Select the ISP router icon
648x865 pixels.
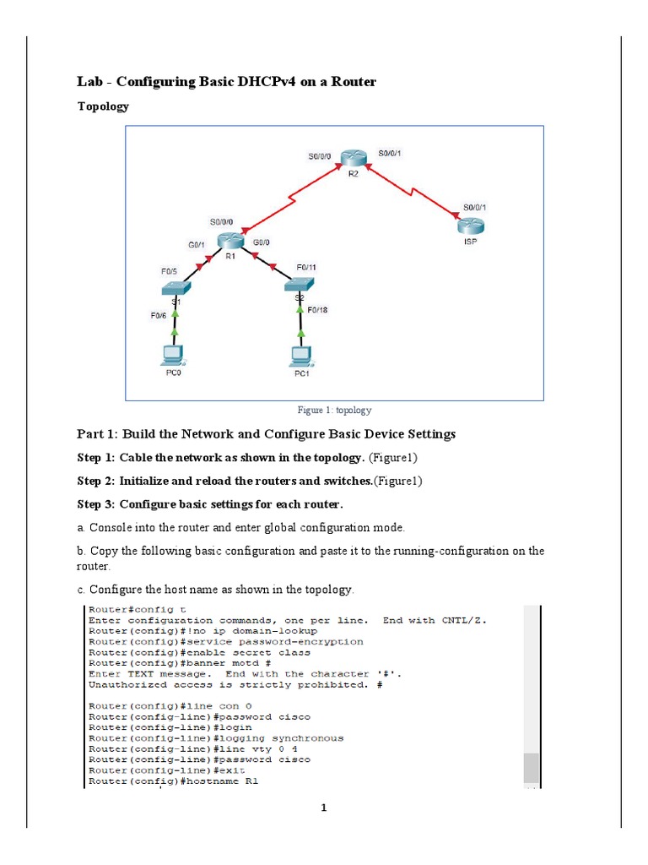coord(469,226)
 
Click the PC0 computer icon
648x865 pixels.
coord(173,354)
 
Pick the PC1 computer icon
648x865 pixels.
coord(298,355)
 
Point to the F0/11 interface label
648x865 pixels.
coord(305,267)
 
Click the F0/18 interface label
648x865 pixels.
coord(317,310)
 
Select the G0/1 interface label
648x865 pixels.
coord(197,244)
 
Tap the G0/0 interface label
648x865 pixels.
coord(261,243)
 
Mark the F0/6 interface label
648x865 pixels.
coord(158,315)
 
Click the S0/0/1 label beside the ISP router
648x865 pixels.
coord(475,206)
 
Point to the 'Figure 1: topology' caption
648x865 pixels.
coord(334,411)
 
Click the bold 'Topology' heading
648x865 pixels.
coord(103,106)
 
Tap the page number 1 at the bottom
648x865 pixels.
coord(323,808)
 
